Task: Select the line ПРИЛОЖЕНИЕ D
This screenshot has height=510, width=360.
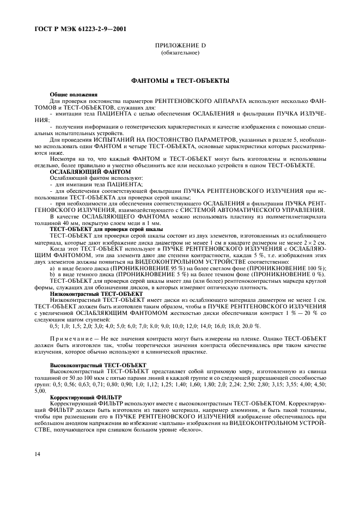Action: (x=180, y=46)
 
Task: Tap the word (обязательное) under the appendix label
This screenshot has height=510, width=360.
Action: (x=180, y=53)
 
